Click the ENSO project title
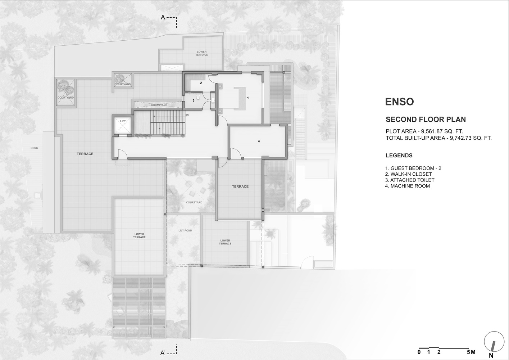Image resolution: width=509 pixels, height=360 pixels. pyautogui.click(x=399, y=102)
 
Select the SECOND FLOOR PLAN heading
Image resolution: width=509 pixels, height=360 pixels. pyautogui.click(x=426, y=120)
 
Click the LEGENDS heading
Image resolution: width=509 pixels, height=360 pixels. pyautogui.click(x=399, y=156)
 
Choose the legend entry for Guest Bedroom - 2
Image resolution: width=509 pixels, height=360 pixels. pyautogui.click(x=413, y=168)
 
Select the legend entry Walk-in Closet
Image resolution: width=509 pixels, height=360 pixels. pyautogui.click(x=408, y=174)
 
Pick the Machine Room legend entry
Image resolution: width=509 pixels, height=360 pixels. pyautogui.click(x=407, y=186)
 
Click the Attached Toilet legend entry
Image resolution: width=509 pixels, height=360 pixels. pyautogui.click(x=410, y=180)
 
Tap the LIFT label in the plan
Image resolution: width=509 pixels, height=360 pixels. pyautogui.click(x=123, y=121)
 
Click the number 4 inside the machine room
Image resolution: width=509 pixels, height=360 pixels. pyautogui.click(x=259, y=141)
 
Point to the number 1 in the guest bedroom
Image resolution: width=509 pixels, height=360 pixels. pyautogui.click(x=247, y=98)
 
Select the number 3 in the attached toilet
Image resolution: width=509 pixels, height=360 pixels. pyautogui.click(x=194, y=100)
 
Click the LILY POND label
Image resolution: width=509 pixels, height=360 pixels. pyautogui.click(x=185, y=230)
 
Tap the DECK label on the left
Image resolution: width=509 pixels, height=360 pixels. pyautogui.click(x=34, y=148)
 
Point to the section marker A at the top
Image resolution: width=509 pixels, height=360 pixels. pyautogui.click(x=163, y=17)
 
